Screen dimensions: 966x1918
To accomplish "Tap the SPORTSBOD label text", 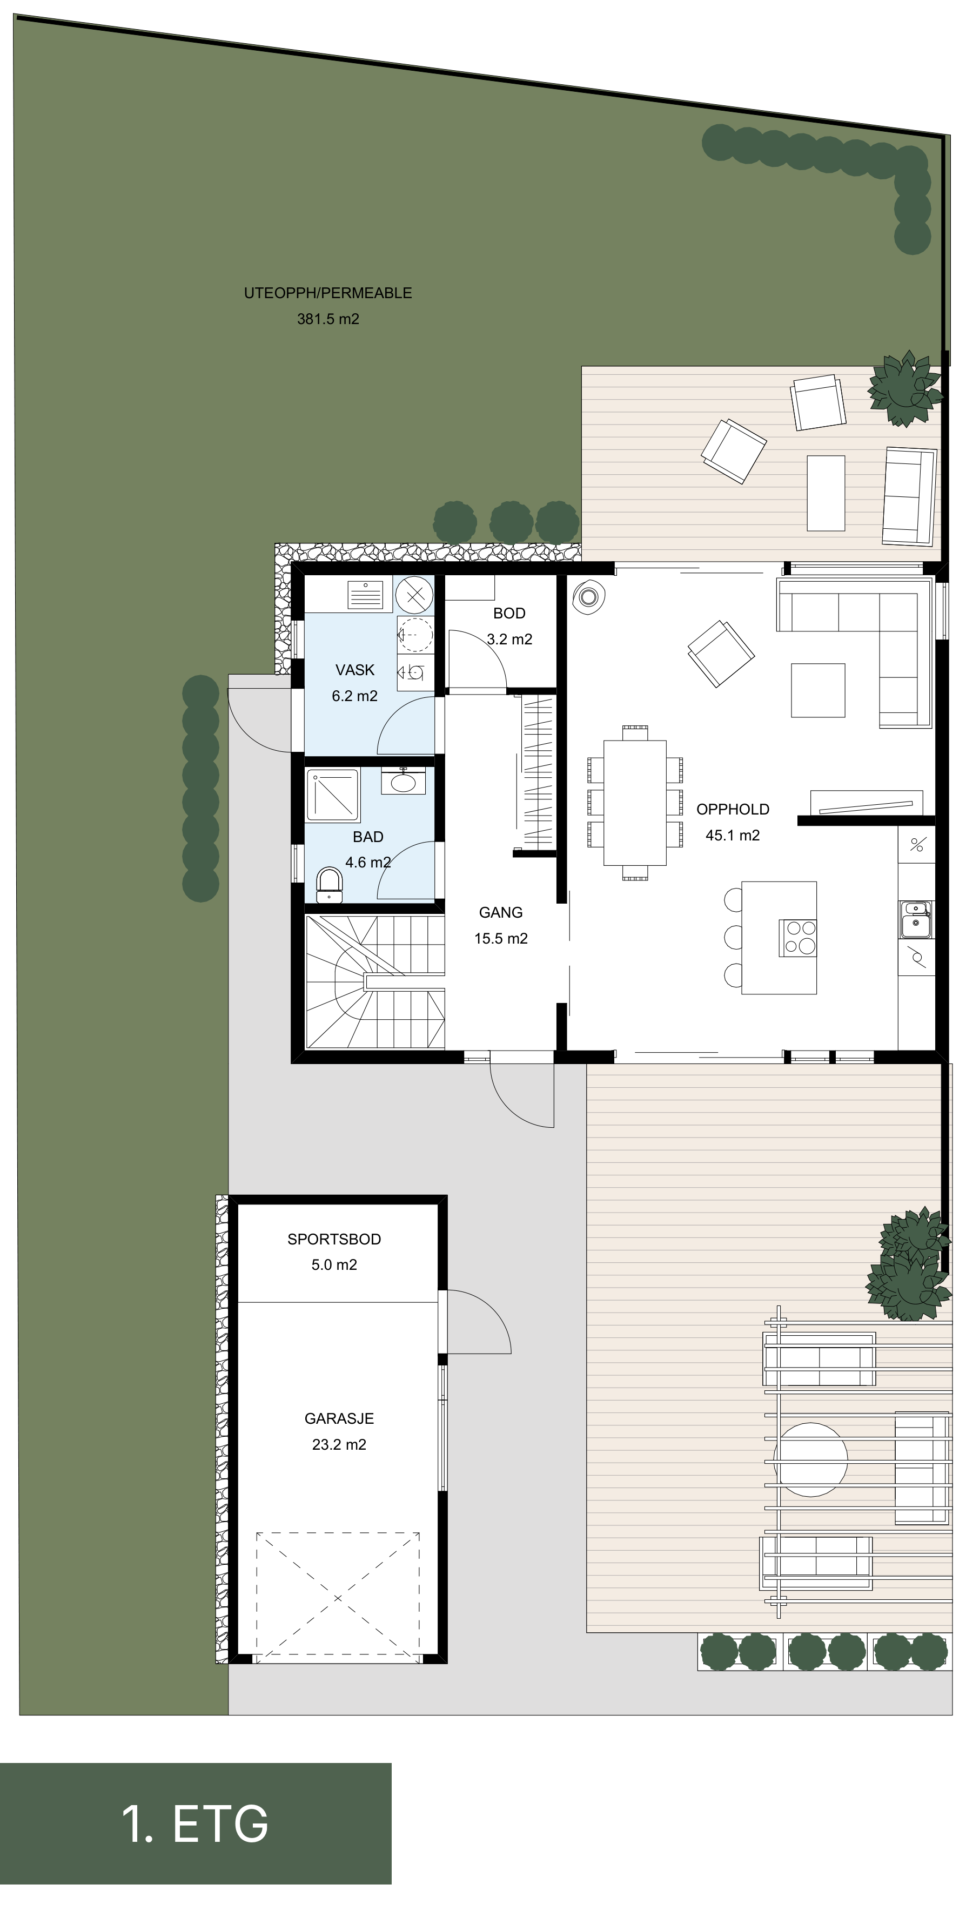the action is click(x=334, y=1239).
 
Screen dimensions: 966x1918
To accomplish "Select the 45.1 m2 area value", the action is click(x=733, y=836).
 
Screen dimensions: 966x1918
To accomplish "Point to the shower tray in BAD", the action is click(x=333, y=795).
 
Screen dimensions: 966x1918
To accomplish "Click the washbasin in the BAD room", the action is click(x=403, y=781).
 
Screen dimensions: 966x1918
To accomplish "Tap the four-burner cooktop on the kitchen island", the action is click(x=797, y=938).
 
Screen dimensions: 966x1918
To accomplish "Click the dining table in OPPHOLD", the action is click(x=635, y=803).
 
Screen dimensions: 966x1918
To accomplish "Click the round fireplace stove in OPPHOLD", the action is click(x=588, y=596).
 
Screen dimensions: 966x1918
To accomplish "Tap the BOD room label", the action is click(x=509, y=614).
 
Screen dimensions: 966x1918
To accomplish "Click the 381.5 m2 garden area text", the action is click(x=328, y=319).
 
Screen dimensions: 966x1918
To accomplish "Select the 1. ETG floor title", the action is click(x=195, y=1823).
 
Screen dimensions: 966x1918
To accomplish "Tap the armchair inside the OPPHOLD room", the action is click(x=720, y=654).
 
